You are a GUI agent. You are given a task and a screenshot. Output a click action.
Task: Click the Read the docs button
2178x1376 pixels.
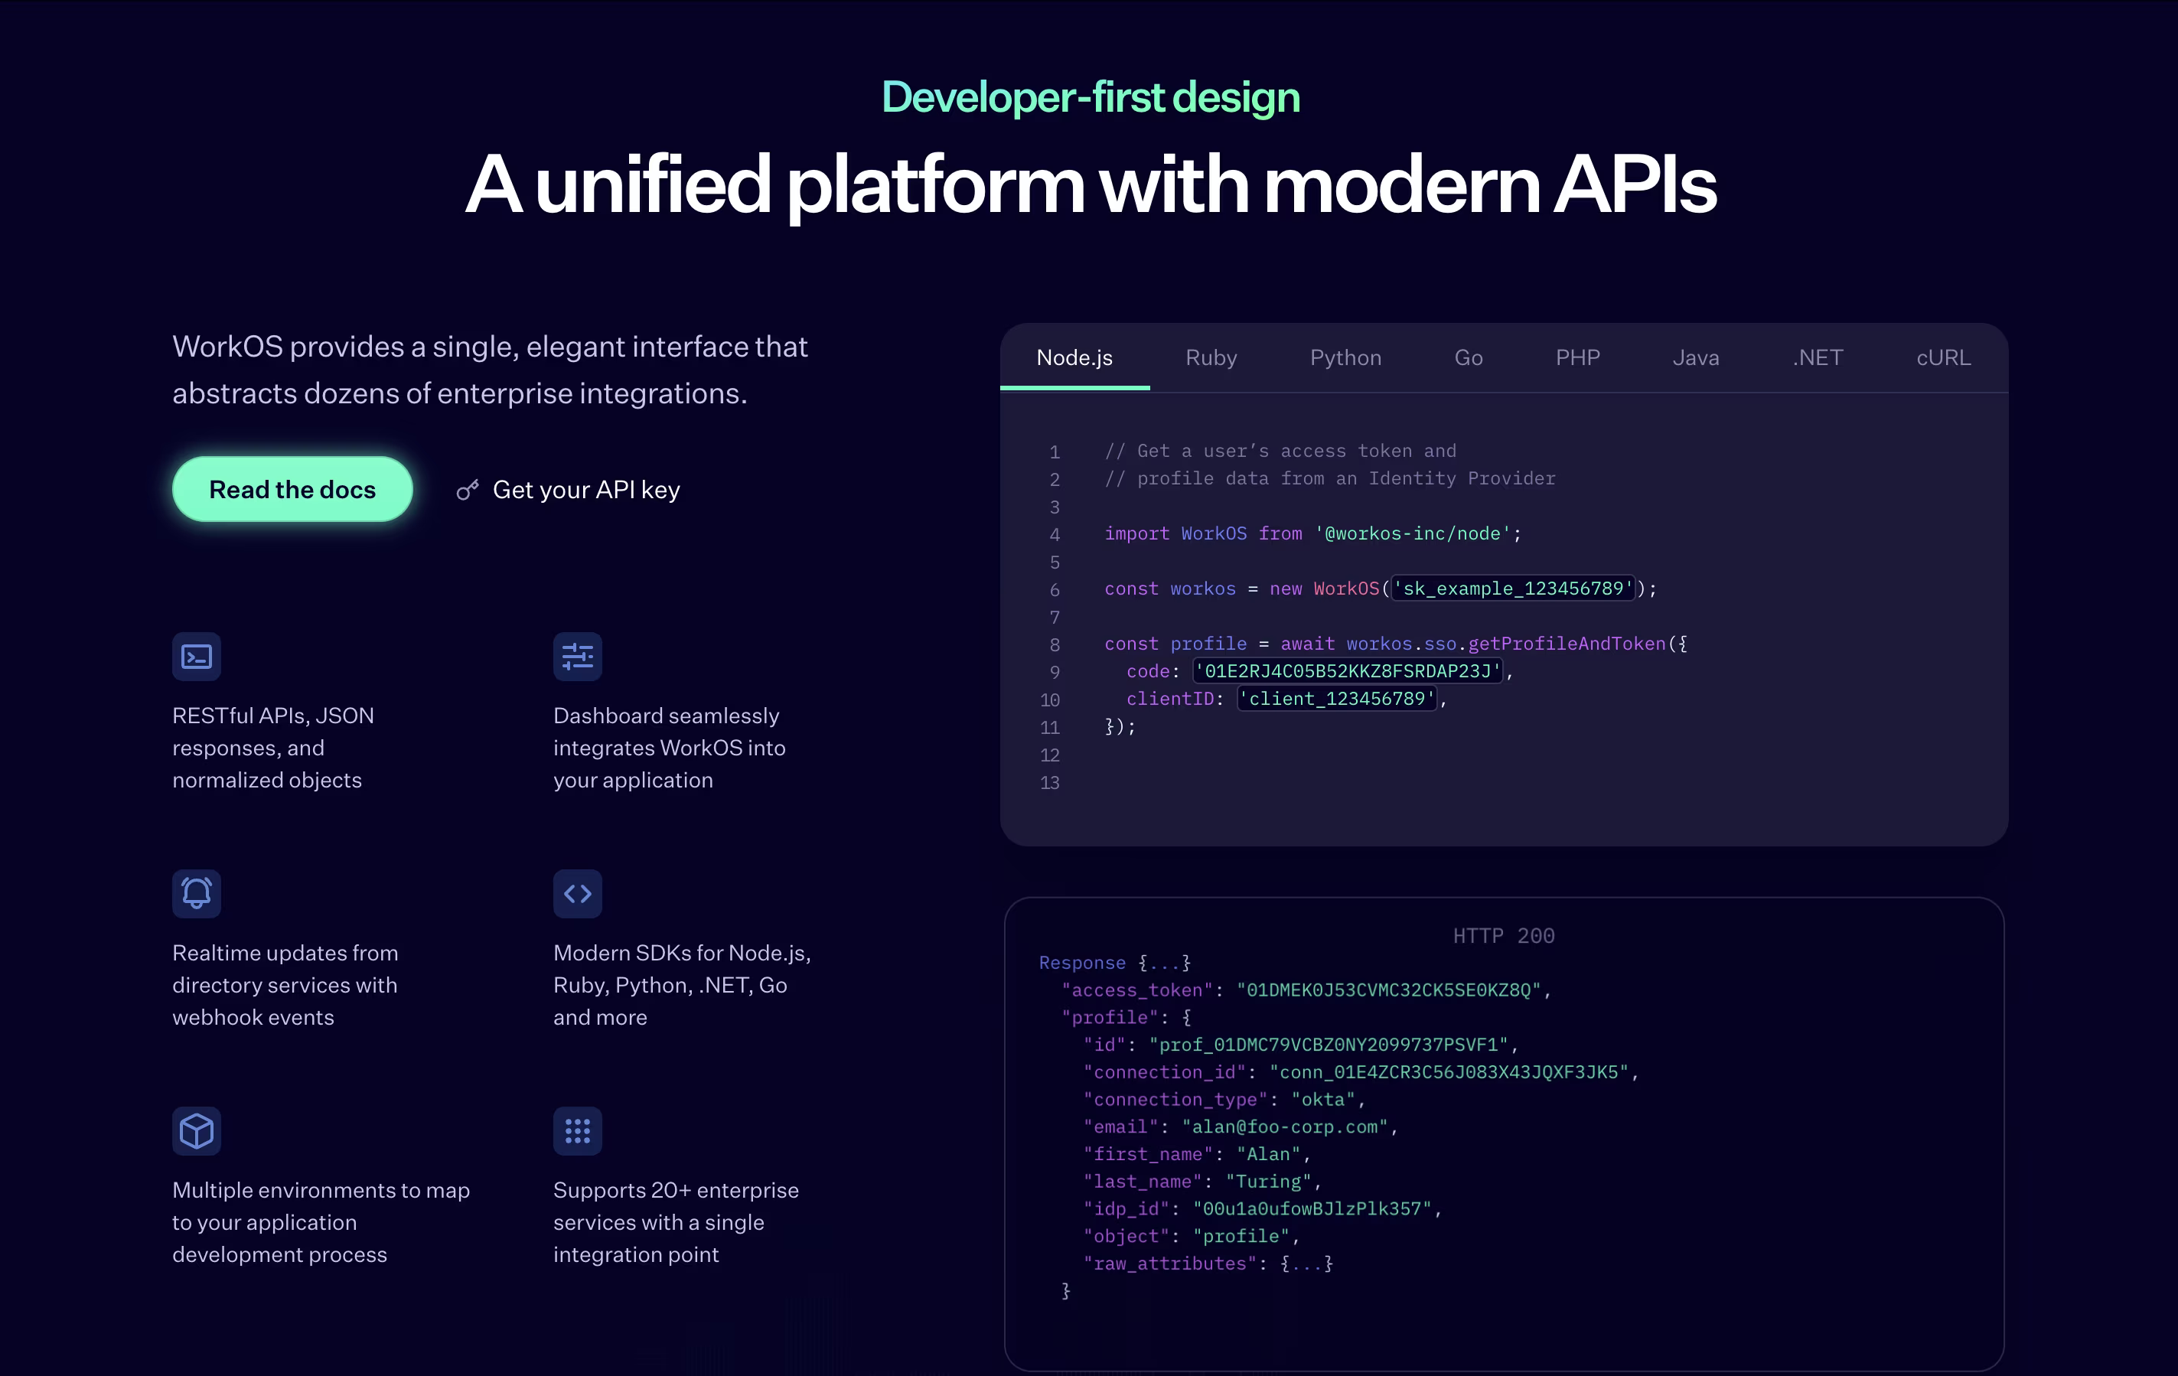(292, 490)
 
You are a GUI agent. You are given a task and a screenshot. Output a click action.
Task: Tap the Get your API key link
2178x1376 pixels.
(568, 490)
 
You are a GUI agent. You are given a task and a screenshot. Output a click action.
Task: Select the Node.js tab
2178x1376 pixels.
(1074, 357)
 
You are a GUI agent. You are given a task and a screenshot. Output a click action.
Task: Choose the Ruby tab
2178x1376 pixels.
(1211, 357)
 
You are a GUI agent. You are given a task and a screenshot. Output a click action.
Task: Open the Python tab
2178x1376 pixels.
(1345, 357)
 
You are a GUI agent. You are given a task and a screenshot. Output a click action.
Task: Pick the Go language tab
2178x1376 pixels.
(1468, 357)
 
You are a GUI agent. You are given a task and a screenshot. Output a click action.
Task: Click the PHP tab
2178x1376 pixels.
(1577, 357)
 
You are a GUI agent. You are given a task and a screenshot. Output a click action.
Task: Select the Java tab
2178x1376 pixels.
(1696, 357)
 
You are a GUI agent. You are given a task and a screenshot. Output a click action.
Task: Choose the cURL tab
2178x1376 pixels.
(1944, 357)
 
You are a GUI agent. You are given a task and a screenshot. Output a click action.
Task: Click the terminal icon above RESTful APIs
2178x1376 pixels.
(196, 656)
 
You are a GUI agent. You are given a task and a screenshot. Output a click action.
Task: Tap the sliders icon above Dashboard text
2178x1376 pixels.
(578, 656)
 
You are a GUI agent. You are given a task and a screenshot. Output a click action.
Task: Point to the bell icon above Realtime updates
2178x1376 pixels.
(196, 894)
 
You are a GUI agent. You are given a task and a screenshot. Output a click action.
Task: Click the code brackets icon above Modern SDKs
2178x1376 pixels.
(578, 894)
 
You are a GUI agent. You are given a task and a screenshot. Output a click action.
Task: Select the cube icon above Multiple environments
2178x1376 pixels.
(196, 1131)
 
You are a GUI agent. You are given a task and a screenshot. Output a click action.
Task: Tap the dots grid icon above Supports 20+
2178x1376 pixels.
(578, 1131)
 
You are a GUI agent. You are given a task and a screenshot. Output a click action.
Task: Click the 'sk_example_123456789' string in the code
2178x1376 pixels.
(1513, 589)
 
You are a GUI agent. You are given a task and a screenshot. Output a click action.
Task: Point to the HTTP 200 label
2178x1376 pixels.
(1503, 935)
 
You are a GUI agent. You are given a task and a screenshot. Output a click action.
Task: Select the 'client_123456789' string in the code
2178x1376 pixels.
(1337, 699)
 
